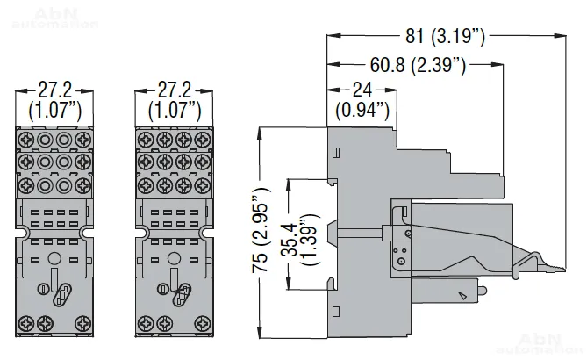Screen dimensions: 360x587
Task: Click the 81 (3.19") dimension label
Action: pos(446,38)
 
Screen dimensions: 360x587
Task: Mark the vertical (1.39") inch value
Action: pos(307,235)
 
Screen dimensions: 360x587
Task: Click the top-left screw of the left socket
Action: pos(25,139)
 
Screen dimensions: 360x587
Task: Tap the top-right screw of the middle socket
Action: pos(203,139)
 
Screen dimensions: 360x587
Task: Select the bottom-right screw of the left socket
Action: pos(83,320)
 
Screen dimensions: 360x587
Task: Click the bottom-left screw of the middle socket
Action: pos(145,320)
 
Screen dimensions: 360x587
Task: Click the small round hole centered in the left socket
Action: pos(54,259)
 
